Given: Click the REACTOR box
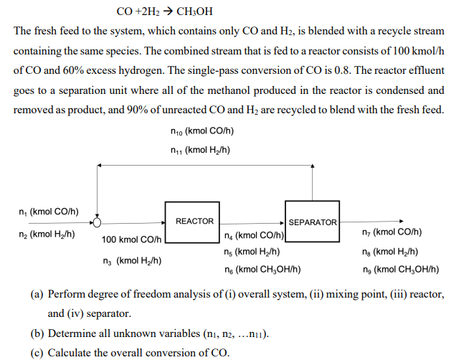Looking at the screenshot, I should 194,221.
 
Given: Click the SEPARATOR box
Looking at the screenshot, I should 312,222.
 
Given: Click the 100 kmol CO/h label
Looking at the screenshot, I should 131,240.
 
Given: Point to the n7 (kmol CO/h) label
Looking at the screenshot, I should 392,232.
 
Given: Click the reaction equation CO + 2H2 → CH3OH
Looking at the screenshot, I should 164,12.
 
